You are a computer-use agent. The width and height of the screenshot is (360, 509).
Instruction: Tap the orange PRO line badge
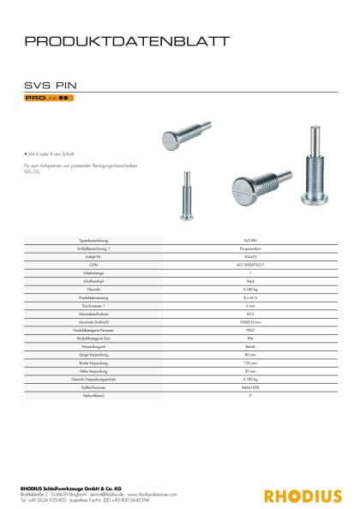[x=48, y=99]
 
